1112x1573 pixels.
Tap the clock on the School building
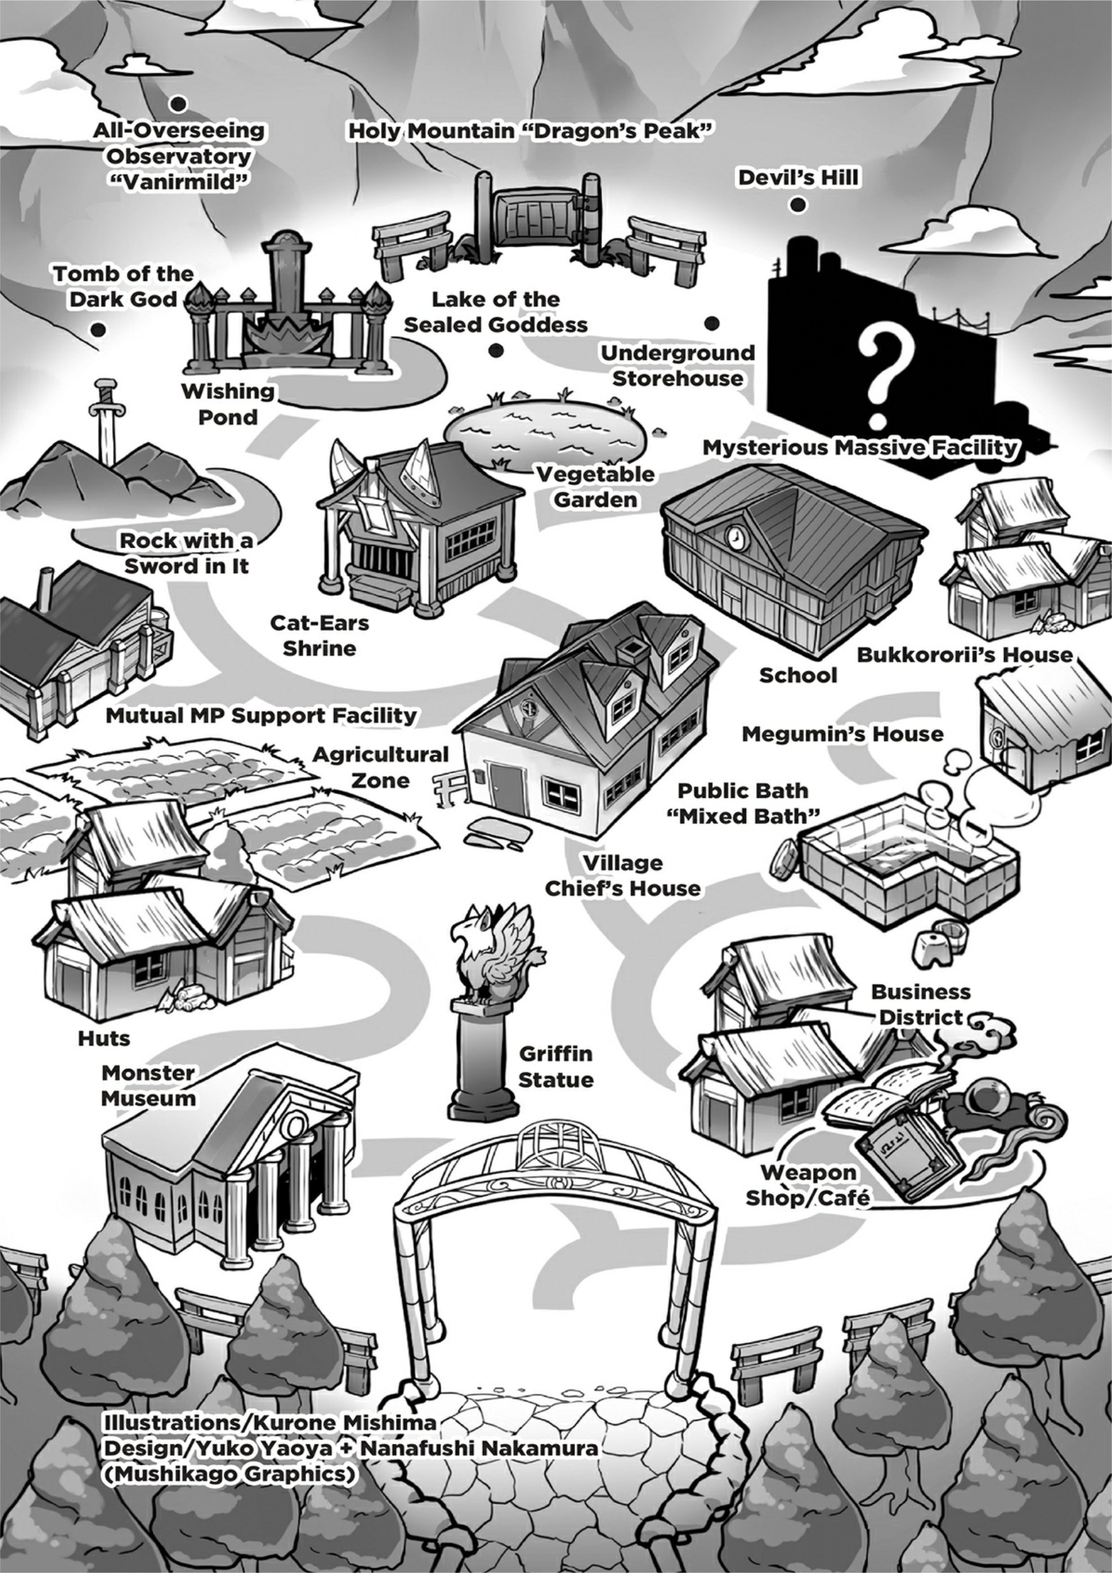pos(735,537)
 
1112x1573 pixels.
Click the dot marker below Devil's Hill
pos(797,205)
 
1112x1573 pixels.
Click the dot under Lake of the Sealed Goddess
pos(496,350)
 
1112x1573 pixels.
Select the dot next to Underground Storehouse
pos(712,323)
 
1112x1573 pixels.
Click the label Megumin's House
pos(842,734)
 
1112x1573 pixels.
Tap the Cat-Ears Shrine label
pos(319,635)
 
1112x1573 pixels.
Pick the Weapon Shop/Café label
pos(808,1185)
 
